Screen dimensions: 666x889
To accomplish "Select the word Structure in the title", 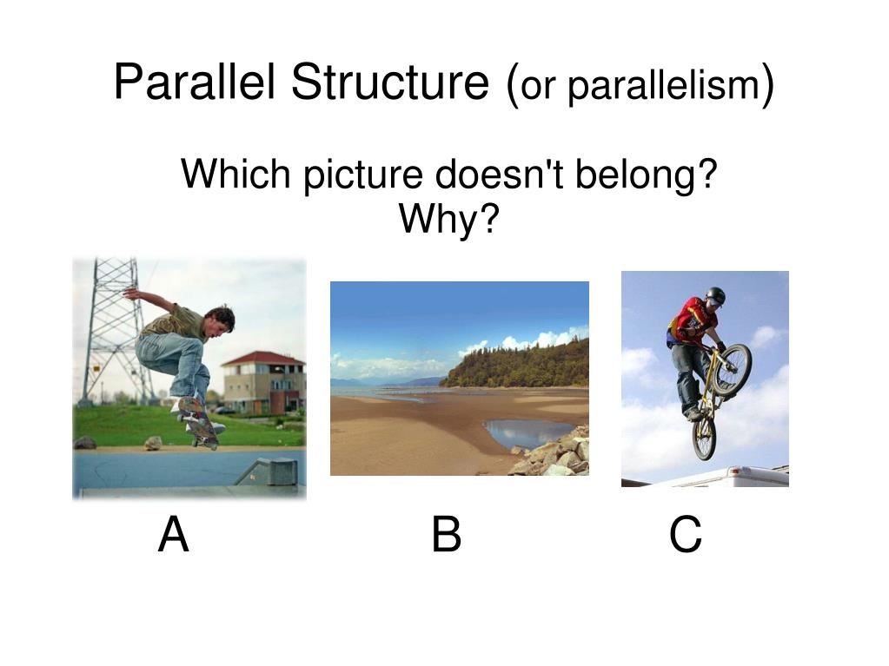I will point(390,83).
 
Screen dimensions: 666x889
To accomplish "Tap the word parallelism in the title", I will point(663,87).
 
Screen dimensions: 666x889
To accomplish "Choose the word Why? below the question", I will point(449,220).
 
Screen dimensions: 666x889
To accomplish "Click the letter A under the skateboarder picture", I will point(174,535).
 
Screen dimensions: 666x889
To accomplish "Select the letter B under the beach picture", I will point(446,535).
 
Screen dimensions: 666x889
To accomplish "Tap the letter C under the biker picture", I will point(685,536).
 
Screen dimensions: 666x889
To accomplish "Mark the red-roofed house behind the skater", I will point(262,382).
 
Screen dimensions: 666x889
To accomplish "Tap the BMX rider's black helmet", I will point(715,295).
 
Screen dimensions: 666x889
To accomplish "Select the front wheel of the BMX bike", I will point(732,368).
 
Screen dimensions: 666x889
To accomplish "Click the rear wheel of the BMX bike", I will point(704,439).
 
